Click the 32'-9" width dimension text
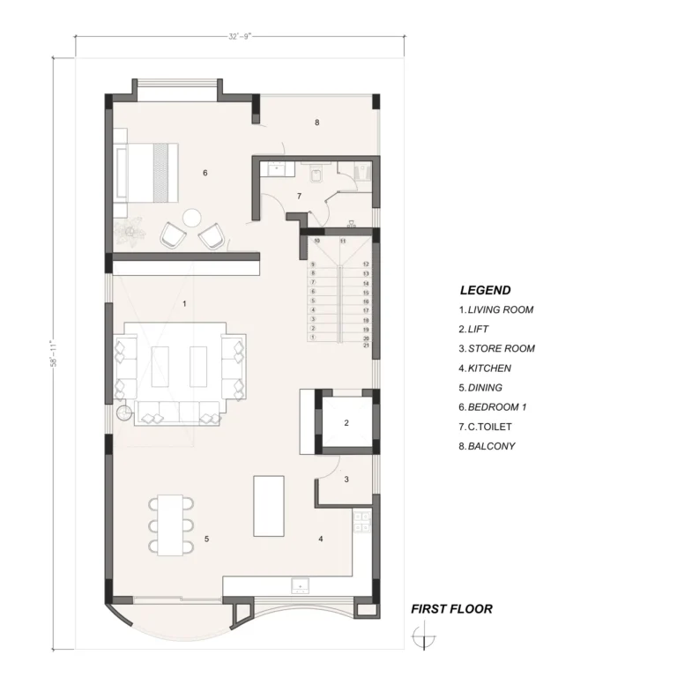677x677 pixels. click(x=240, y=37)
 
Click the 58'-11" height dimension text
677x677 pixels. click(x=55, y=354)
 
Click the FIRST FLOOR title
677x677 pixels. click(x=451, y=609)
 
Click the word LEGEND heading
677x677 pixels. click(x=486, y=290)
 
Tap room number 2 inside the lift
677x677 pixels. click(x=346, y=423)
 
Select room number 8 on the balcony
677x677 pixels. click(x=317, y=123)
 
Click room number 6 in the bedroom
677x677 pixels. click(x=205, y=173)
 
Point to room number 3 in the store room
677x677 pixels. click(x=346, y=480)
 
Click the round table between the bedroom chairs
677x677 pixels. click(x=191, y=218)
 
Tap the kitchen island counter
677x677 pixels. click(x=269, y=506)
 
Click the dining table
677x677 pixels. click(x=170, y=525)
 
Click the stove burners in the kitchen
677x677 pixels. click(x=361, y=521)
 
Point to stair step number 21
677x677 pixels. click(x=366, y=346)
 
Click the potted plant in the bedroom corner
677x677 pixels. click(x=129, y=231)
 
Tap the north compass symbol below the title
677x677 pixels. click(x=423, y=636)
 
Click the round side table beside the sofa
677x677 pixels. click(x=124, y=413)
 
